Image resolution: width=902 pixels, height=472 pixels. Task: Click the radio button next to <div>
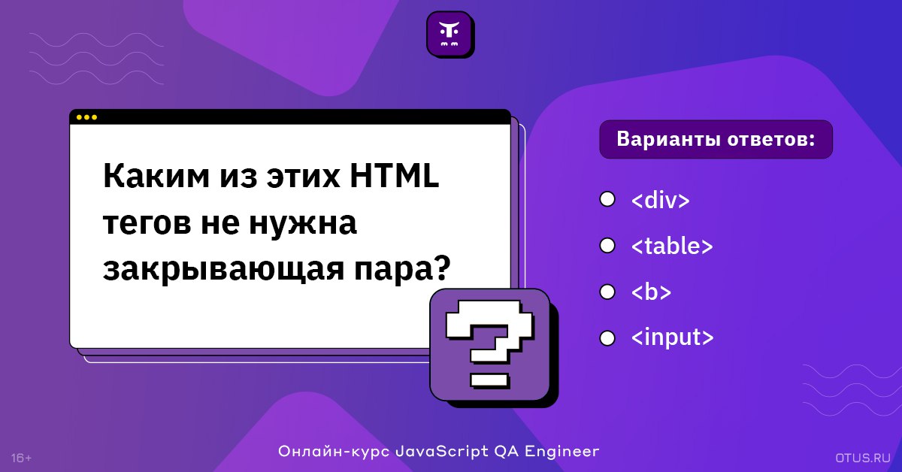point(607,199)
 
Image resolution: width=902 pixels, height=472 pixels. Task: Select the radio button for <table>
point(607,246)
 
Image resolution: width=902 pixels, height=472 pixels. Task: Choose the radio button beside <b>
point(607,292)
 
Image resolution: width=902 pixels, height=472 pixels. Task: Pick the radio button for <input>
point(607,338)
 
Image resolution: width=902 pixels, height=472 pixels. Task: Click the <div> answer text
point(661,200)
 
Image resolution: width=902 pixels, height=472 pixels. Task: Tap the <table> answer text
point(672,246)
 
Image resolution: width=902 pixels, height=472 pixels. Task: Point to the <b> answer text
point(651,292)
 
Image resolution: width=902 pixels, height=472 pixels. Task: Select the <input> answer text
point(673,337)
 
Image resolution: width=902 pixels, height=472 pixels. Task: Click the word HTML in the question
point(395,176)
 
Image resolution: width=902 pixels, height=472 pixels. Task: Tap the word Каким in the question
point(156,176)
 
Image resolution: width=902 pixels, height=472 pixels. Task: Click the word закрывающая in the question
point(223,269)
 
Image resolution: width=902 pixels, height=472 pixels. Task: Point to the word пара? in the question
point(402,269)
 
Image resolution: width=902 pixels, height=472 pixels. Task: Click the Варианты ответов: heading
point(716,139)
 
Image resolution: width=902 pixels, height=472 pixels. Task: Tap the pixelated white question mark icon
point(490,344)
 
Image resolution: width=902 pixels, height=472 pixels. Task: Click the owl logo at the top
point(449,34)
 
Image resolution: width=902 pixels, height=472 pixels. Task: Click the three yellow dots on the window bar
point(86,117)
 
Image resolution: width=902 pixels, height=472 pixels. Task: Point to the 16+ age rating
point(21,458)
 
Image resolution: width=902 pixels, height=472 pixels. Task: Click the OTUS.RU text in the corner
point(863,458)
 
